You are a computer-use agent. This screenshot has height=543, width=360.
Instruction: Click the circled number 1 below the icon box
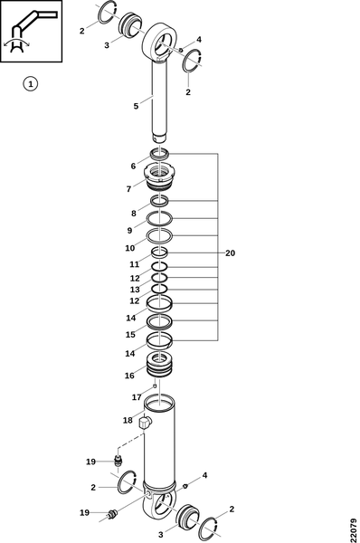[x=31, y=84]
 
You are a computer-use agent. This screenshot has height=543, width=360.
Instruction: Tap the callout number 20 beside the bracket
[x=230, y=253]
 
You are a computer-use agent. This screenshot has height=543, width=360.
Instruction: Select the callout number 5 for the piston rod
[x=136, y=106]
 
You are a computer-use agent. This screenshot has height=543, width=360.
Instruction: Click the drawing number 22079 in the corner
[x=354, y=529]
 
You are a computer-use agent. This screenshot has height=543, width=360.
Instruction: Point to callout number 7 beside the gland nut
[x=128, y=189]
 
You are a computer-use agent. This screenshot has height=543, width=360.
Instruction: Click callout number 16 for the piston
[x=129, y=376]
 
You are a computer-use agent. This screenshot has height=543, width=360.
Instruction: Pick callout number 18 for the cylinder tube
[x=128, y=420]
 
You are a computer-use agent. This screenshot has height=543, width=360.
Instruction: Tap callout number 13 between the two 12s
[x=135, y=290]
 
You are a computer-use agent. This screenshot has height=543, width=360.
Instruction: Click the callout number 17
[x=137, y=397]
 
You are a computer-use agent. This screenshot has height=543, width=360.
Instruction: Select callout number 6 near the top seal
[x=133, y=167]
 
